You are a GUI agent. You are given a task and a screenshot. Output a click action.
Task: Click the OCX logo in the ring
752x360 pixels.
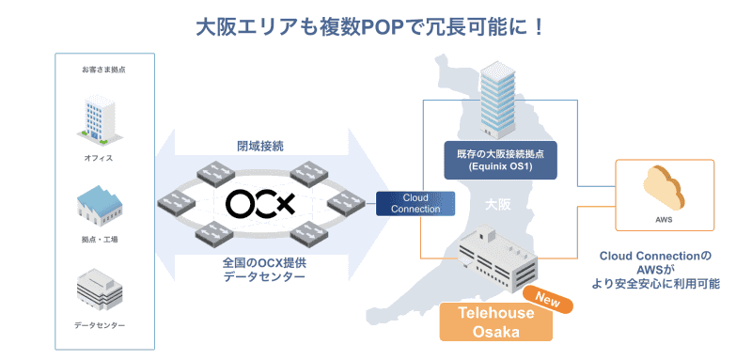(x=259, y=204)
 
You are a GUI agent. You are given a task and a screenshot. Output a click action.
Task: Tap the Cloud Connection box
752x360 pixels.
(x=415, y=204)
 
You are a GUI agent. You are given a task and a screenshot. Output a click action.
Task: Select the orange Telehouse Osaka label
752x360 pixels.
(x=496, y=321)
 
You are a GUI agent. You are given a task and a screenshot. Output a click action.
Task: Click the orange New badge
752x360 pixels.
(x=548, y=299)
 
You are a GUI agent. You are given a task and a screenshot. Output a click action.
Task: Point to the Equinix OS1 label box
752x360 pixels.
(x=500, y=160)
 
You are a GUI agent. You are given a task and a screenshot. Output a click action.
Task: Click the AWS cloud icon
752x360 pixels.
(x=664, y=187)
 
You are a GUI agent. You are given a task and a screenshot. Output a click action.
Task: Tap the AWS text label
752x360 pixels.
(x=664, y=221)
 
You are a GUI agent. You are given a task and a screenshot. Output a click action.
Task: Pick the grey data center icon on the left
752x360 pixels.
(x=100, y=290)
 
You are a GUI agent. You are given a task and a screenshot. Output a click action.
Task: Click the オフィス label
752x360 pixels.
(x=98, y=158)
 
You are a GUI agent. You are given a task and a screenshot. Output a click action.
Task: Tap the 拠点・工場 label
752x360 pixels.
(x=100, y=240)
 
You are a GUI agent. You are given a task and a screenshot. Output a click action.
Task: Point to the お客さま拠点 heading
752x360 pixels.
(x=103, y=70)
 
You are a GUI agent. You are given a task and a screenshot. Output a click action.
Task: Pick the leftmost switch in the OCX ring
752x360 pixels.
(x=176, y=204)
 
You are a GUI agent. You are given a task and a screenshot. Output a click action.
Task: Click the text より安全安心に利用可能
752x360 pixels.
(x=655, y=284)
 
